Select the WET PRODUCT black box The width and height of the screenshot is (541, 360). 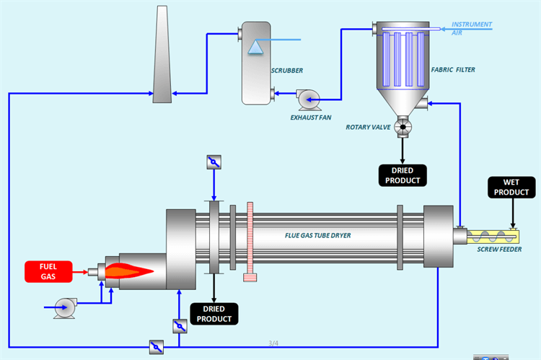pyautogui.click(x=512, y=188)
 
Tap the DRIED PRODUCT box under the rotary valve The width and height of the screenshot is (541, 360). pyautogui.click(x=403, y=175)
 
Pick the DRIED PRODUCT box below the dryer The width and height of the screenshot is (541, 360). pyautogui.click(x=214, y=313)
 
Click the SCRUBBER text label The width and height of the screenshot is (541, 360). pyautogui.click(x=286, y=71)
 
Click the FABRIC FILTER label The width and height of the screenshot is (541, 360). pyautogui.click(x=453, y=70)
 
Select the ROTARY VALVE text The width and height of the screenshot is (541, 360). pyautogui.click(x=368, y=128)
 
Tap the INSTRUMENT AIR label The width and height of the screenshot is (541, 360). pyautogui.click(x=472, y=28)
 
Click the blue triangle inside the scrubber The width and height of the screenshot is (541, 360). pyautogui.click(x=255, y=47)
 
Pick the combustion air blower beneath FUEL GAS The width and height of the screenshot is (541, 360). pyautogui.click(x=63, y=307)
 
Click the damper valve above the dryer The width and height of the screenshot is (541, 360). pyautogui.click(x=214, y=162)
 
